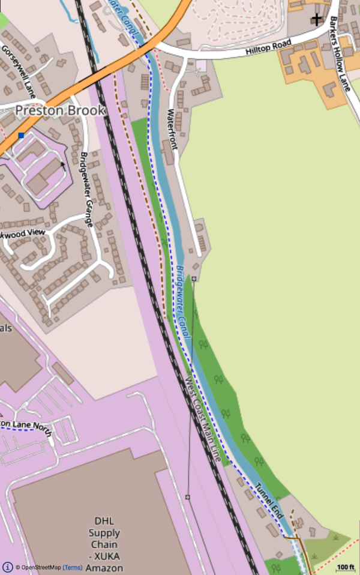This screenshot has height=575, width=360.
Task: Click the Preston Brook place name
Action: point(60,110)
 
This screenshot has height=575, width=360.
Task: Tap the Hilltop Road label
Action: point(268,47)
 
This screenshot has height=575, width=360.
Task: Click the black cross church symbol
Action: point(316,19)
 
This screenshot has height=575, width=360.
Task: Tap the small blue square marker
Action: point(21,136)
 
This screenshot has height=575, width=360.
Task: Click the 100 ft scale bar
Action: point(345,567)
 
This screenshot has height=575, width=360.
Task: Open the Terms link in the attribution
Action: point(73,568)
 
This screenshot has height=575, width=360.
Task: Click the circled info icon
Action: point(8,567)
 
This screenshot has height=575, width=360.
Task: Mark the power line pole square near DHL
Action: point(187,497)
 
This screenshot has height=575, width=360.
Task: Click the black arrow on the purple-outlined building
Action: point(62,163)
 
